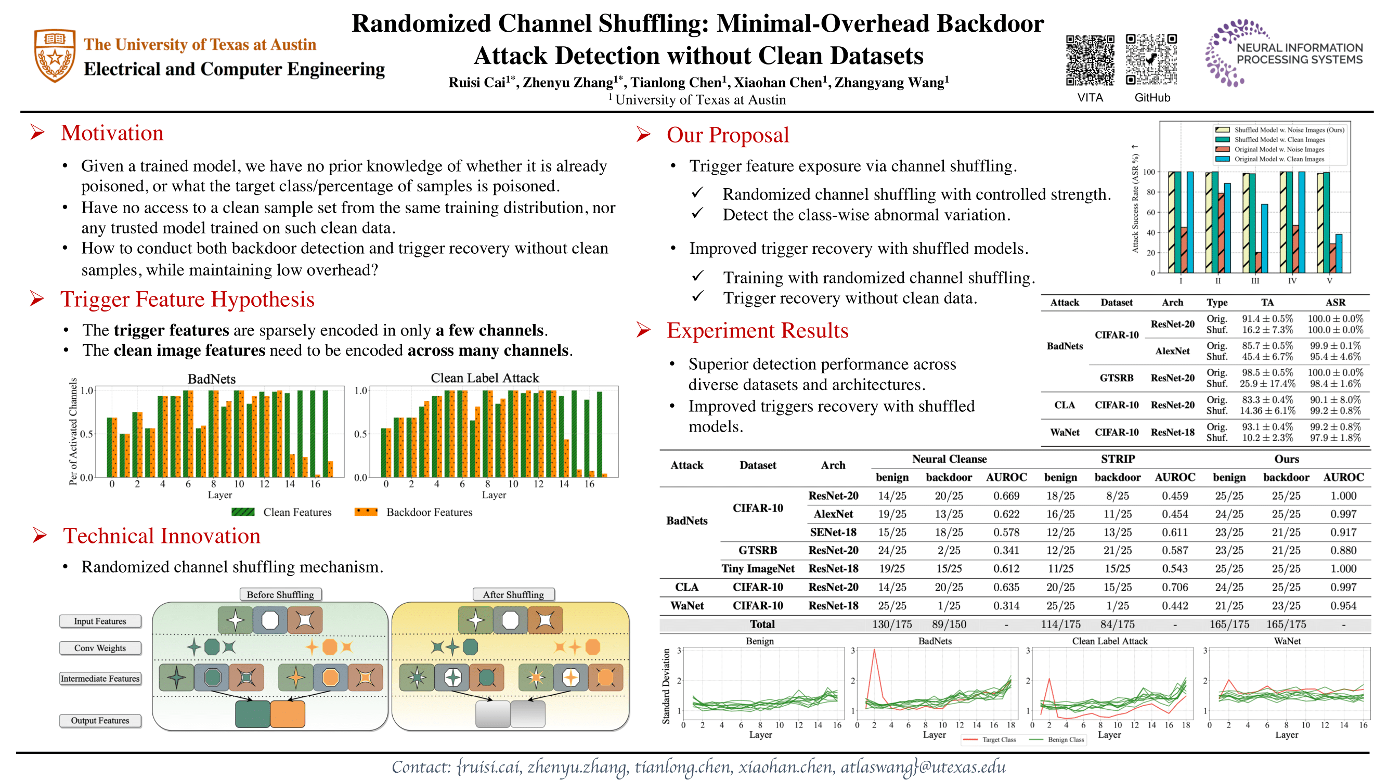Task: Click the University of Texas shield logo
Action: [55, 56]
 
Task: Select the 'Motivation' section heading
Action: [112, 133]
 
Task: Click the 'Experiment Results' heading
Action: [757, 331]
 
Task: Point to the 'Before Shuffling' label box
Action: [280, 594]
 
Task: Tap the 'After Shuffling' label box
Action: [513, 594]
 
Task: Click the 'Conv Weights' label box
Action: [100, 648]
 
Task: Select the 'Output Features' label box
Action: [100, 720]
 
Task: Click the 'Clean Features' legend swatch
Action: [243, 512]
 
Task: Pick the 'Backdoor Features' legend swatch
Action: [366, 512]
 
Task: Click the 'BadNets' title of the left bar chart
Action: [212, 379]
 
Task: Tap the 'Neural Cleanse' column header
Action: [949, 459]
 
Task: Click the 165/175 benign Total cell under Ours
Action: [1229, 625]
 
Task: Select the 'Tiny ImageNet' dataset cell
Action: [758, 568]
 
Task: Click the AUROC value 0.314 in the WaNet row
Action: [1006, 606]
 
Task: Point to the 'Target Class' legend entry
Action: [998, 739]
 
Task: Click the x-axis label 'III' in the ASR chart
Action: [1254, 281]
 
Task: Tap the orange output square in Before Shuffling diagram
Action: [288, 714]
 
